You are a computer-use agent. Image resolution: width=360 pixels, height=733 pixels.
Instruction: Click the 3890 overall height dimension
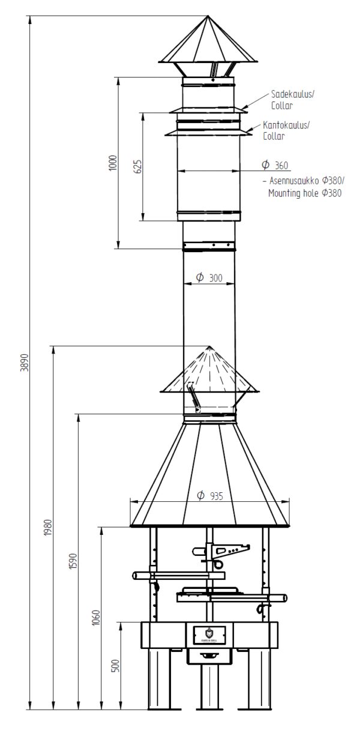24,363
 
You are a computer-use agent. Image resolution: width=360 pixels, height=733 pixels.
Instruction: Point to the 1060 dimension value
96,617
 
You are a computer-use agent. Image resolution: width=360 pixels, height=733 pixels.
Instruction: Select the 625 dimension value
137,166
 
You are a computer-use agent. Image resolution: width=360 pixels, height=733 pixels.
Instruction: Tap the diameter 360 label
275,165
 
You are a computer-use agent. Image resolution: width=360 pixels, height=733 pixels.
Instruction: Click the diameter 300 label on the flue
209,277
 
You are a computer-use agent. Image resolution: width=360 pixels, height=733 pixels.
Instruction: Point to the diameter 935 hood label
209,496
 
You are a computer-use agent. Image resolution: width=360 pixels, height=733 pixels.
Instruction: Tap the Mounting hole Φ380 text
305,193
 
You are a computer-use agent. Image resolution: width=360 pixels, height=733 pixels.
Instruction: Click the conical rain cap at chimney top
208,42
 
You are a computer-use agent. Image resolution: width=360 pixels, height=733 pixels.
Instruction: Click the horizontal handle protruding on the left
144,576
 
